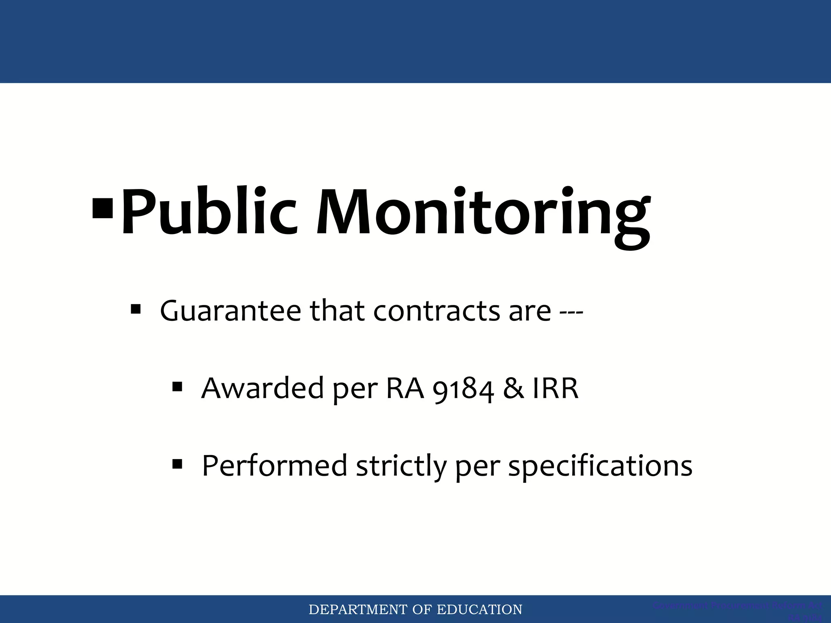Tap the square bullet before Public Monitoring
tap(103, 208)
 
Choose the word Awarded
tap(262, 388)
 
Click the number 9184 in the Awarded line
tap(463, 390)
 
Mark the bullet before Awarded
tap(177, 387)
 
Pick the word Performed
tap(274, 466)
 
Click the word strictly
tap(401, 466)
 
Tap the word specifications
tap(600, 466)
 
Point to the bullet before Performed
tap(177, 463)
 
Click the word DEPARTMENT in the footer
tap(357, 610)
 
